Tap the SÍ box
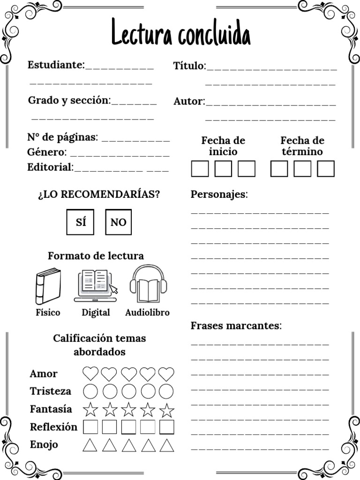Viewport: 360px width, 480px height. [80, 222]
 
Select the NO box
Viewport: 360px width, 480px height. [118, 222]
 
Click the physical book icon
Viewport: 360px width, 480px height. [48, 286]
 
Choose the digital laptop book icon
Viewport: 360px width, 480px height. [96, 285]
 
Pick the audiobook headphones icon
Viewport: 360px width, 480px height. [148, 285]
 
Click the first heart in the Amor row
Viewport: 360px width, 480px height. [90, 374]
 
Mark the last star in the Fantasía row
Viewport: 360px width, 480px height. [166, 409]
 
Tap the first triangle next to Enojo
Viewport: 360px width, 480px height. [90, 445]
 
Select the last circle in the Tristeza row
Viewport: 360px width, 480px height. [166, 391]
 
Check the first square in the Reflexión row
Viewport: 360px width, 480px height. [90, 427]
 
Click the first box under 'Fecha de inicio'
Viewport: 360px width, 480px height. [200, 169]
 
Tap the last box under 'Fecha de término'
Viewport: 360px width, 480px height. [326, 169]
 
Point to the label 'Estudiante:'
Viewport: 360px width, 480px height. [56, 65]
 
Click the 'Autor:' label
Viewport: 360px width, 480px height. [189, 101]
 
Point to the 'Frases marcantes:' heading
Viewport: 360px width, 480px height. [236, 326]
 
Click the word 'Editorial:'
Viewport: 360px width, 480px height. [50, 167]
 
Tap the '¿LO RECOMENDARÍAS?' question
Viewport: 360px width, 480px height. [99, 194]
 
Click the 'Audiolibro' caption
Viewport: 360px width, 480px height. [147, 313]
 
